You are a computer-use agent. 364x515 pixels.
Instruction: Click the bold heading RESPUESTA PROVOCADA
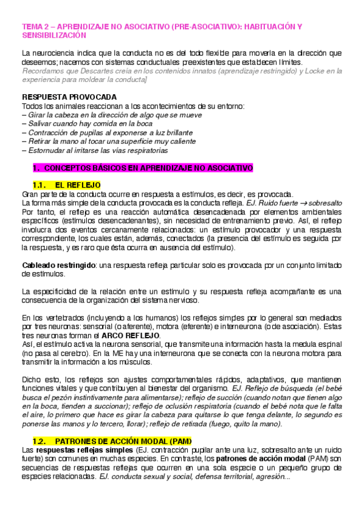69,97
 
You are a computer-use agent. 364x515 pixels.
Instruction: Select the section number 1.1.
39,185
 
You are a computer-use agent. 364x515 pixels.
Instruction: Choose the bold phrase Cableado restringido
59,265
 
